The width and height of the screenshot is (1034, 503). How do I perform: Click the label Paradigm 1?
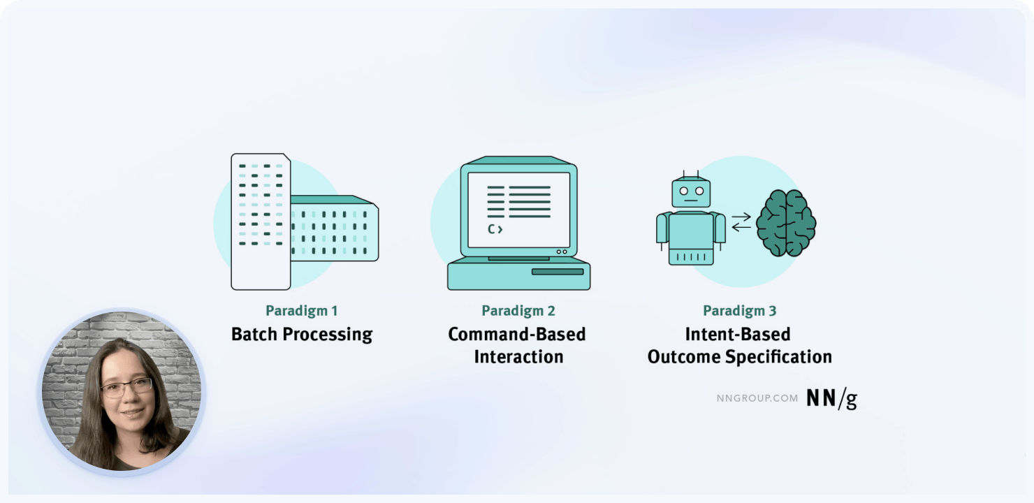click(x=301, y=311)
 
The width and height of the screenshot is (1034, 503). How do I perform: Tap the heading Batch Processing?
click(x=302, y=334)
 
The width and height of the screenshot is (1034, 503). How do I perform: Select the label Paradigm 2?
click(x=517, y=311)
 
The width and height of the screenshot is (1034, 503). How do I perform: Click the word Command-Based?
click(x=517, y=334)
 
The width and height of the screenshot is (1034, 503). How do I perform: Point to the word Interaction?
click(x=518, y=356)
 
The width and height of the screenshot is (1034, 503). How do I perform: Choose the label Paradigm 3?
click(x=739, y=311)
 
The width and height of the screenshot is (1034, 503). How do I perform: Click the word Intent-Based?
click(x=738, y=334)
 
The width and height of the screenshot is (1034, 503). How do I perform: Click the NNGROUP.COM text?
click(x=757, y=398)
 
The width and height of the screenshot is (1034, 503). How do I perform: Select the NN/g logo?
click(x=831, y=398)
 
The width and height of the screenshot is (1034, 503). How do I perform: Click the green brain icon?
click(x=787, y=224)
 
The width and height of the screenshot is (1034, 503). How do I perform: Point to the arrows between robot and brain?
click(x=741, y=221)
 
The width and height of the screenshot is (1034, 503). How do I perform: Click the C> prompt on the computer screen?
click(x=495, y=228)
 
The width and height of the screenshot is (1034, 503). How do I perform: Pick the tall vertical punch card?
click(x=260, y=221)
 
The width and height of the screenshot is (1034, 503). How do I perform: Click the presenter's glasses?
click(x=126, y=388)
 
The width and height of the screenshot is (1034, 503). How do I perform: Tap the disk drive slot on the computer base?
click(x=557, y=271)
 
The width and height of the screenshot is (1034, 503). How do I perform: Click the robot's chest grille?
click(x=691, y=257)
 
